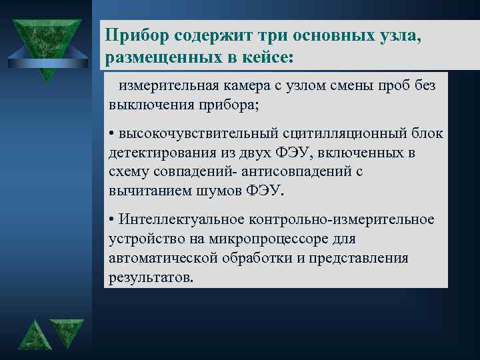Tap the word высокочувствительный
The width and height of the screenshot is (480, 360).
pyautogui.click(x=188, y=134)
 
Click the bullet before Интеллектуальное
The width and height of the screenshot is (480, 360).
pyautogui.click(x=112, y=219)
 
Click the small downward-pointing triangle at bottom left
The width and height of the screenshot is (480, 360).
pyautogui.click(x=67, y=333)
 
